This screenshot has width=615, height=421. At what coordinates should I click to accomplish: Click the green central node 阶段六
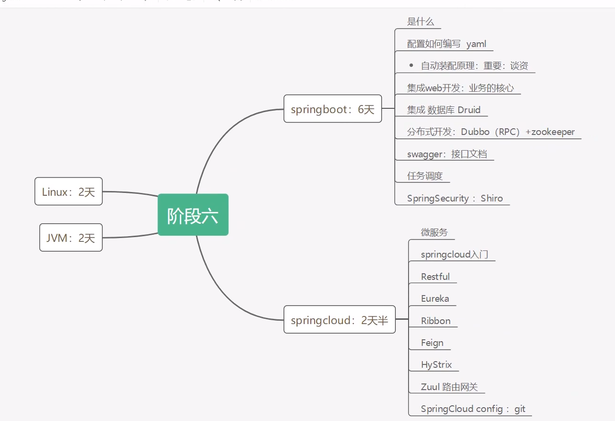coord(193,215)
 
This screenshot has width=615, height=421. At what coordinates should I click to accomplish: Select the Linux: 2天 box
coord(68,191)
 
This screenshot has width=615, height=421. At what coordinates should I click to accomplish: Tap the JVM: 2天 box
coord(71,238)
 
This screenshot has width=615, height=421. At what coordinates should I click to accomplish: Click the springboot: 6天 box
coord(333,109)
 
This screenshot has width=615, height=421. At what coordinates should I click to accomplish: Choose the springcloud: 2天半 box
coord(339,320)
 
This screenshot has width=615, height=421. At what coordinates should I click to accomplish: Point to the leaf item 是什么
coord(420,22)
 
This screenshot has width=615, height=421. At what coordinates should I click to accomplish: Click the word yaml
coord(476,44)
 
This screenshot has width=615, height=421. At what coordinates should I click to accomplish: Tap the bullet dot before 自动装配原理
coord(411,65)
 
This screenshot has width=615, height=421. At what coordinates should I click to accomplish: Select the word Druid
coord(469,110)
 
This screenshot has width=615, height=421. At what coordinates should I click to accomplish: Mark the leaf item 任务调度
coord(425,176)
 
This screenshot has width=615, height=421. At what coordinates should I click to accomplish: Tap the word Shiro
coord(492,198)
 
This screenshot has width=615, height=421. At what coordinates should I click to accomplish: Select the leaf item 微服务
coord(434,232)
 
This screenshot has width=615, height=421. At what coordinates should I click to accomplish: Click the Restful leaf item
coord(435,277)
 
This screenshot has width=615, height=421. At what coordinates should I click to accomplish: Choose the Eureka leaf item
coord(435,298)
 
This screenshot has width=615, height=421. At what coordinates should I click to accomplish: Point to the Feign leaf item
coord(432,343)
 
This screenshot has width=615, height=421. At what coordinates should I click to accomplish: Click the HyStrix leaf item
coord(436,364)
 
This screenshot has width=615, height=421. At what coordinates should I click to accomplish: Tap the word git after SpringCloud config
coord(520,409)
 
